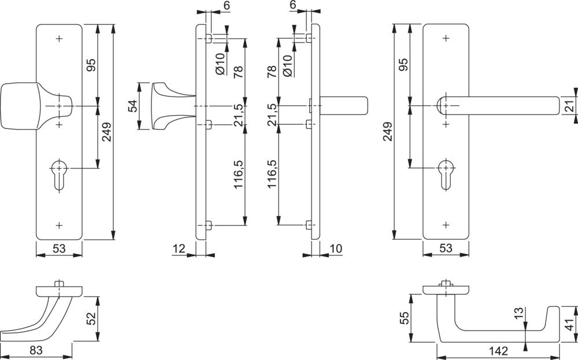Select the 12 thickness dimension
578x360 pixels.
coord(179,248)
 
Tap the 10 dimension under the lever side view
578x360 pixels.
coord(336,248)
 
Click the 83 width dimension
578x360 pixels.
coord(36,350)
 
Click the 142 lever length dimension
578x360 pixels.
coord(498,351)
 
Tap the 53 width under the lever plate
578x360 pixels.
coord(445,248)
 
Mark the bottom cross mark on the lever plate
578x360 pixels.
coord(446,224)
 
